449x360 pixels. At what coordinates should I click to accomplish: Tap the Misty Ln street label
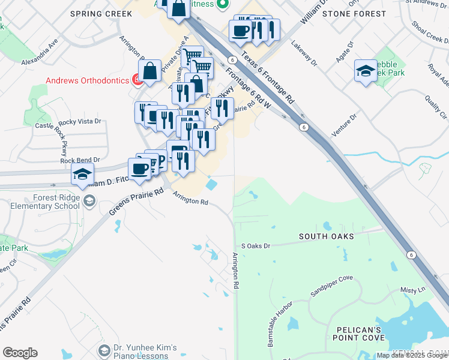[x=412, y=290]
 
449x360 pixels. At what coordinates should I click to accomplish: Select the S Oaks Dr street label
[x=256, y=245]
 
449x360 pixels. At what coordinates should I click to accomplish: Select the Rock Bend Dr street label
[x=79, y=160]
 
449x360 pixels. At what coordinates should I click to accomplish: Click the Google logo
[x=20, y=353]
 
